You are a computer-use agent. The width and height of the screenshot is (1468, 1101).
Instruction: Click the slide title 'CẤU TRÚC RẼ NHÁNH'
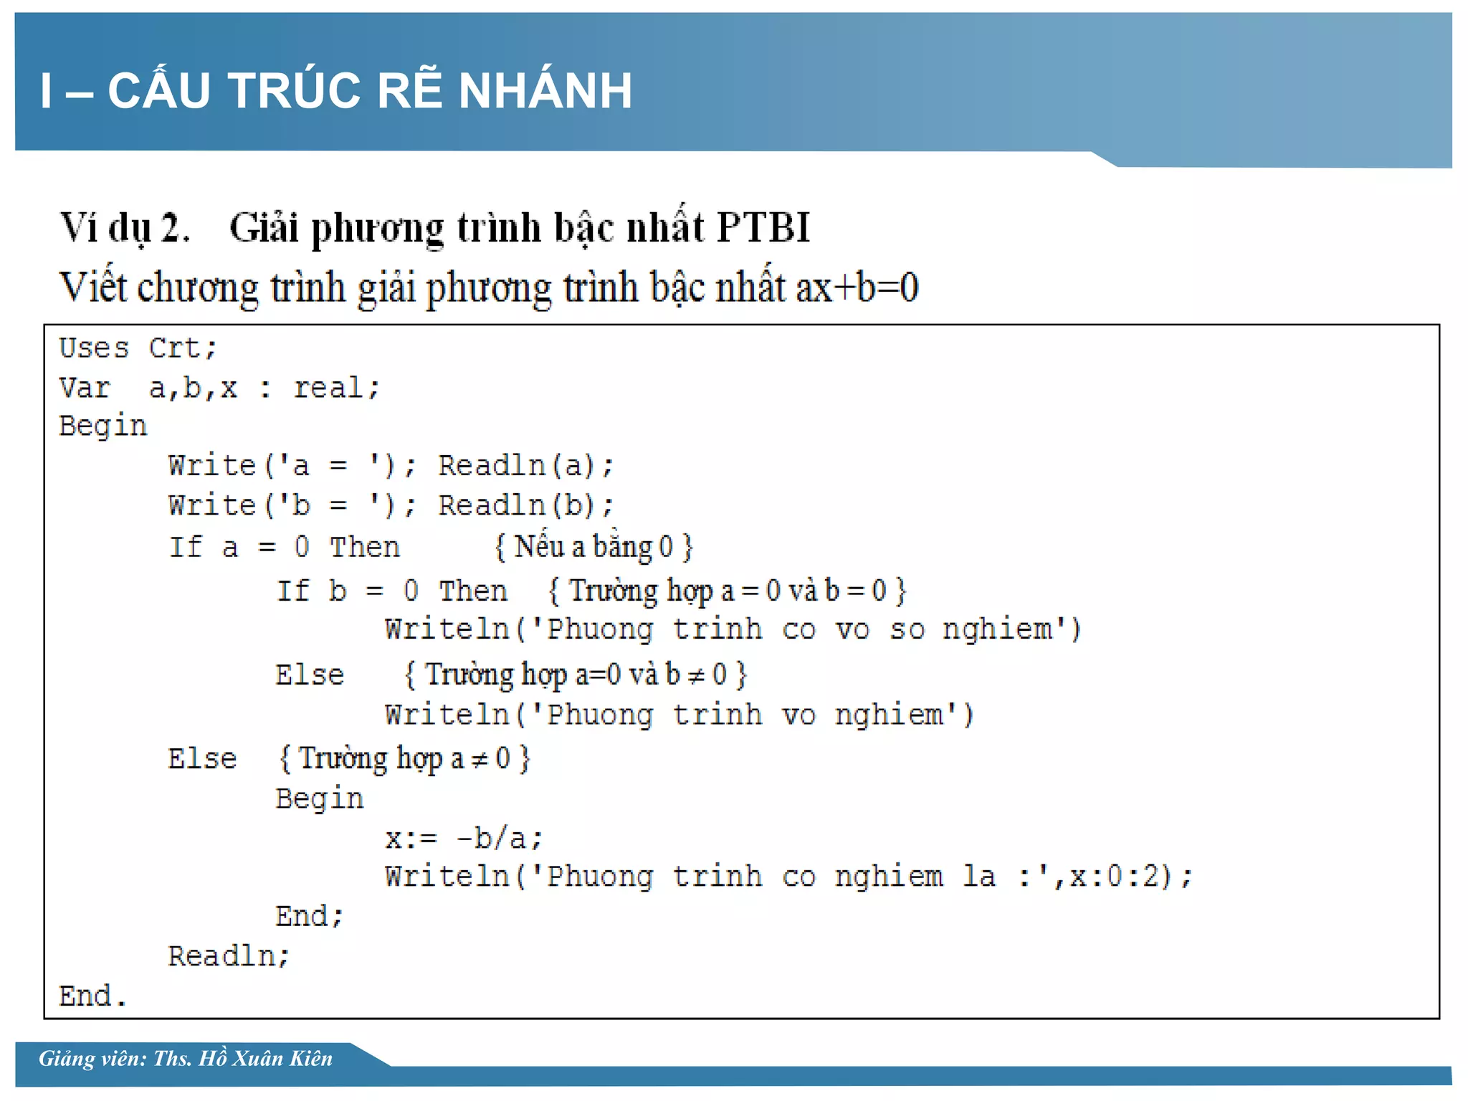pyautogui.click(x=369, y=91)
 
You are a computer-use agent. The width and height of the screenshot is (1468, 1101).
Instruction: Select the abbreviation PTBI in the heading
pyautogui.click(x=763, y=228)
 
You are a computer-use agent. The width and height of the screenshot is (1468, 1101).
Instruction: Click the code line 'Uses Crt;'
pyautogui.click(x=138, y=348)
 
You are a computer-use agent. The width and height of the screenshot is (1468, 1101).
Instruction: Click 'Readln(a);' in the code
pyautogui.click(x=526, y=466)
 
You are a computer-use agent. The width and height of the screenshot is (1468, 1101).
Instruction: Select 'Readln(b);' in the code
pyautogui.click(x=526, y=506)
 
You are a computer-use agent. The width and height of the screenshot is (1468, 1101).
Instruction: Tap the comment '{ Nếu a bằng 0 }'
pyautogui.click(x=594, y=548)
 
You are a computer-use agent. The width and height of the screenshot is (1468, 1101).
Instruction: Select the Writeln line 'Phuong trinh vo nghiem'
pyautogui.click(x=679, y=715)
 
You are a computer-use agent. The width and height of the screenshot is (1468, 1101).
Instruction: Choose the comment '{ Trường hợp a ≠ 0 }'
pyautogui.click(x=404, y=758)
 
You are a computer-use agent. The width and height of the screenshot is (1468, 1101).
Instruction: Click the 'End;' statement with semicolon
pyautogui.click(x=310, y=917)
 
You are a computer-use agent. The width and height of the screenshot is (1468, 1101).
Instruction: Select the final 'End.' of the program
pyautogui.click(x=92, y=997)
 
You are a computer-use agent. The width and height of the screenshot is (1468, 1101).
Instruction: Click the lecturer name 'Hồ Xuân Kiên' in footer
pyautogui.click(x=265, y=1059)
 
